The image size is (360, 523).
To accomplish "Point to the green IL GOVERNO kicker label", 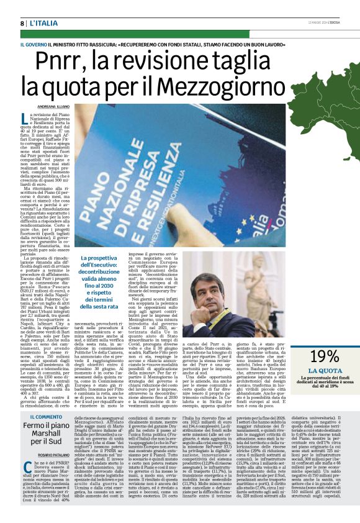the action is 34,45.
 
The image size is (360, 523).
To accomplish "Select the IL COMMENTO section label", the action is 43,417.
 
